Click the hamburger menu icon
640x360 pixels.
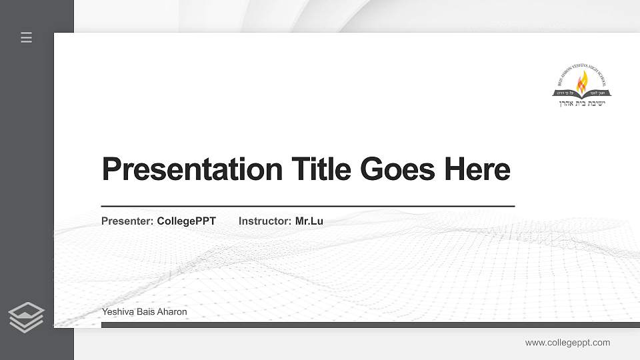[x=27, y=37]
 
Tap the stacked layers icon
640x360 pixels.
[x=27, y=317]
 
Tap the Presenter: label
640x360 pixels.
[x=127, y=221]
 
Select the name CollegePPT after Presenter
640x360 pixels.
[x=187, y=221]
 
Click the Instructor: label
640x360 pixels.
[x=265, y=221]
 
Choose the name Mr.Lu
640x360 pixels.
[x=309, y=221]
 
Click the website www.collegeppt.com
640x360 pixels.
[x=567, y=343]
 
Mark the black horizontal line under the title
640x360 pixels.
[x=307, y=206]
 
